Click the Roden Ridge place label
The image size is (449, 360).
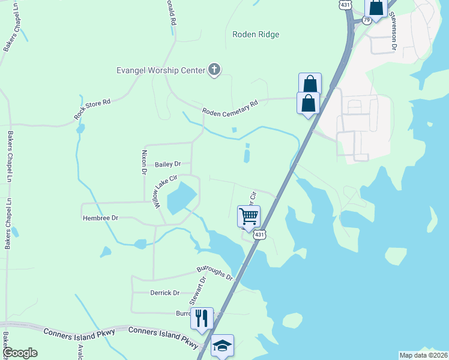point(256,35)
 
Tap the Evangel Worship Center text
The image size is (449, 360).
point(161,70)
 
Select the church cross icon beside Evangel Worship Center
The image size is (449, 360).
point(214,70)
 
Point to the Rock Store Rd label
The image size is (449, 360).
point(92,108)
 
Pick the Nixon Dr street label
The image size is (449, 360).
point(144,163)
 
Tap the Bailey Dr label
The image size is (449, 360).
point(167,164)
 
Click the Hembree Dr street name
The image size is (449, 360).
point(100,218)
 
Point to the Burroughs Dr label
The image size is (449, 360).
point(214,274)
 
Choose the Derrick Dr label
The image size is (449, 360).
point(164,293)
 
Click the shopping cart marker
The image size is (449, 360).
point(249,215)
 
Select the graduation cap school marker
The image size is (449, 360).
point(222,345)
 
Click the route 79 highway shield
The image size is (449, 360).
point(367,20)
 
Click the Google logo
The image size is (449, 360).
point(20,353)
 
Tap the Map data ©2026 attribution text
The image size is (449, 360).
point(423,355)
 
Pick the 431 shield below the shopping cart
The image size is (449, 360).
point(258,235)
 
